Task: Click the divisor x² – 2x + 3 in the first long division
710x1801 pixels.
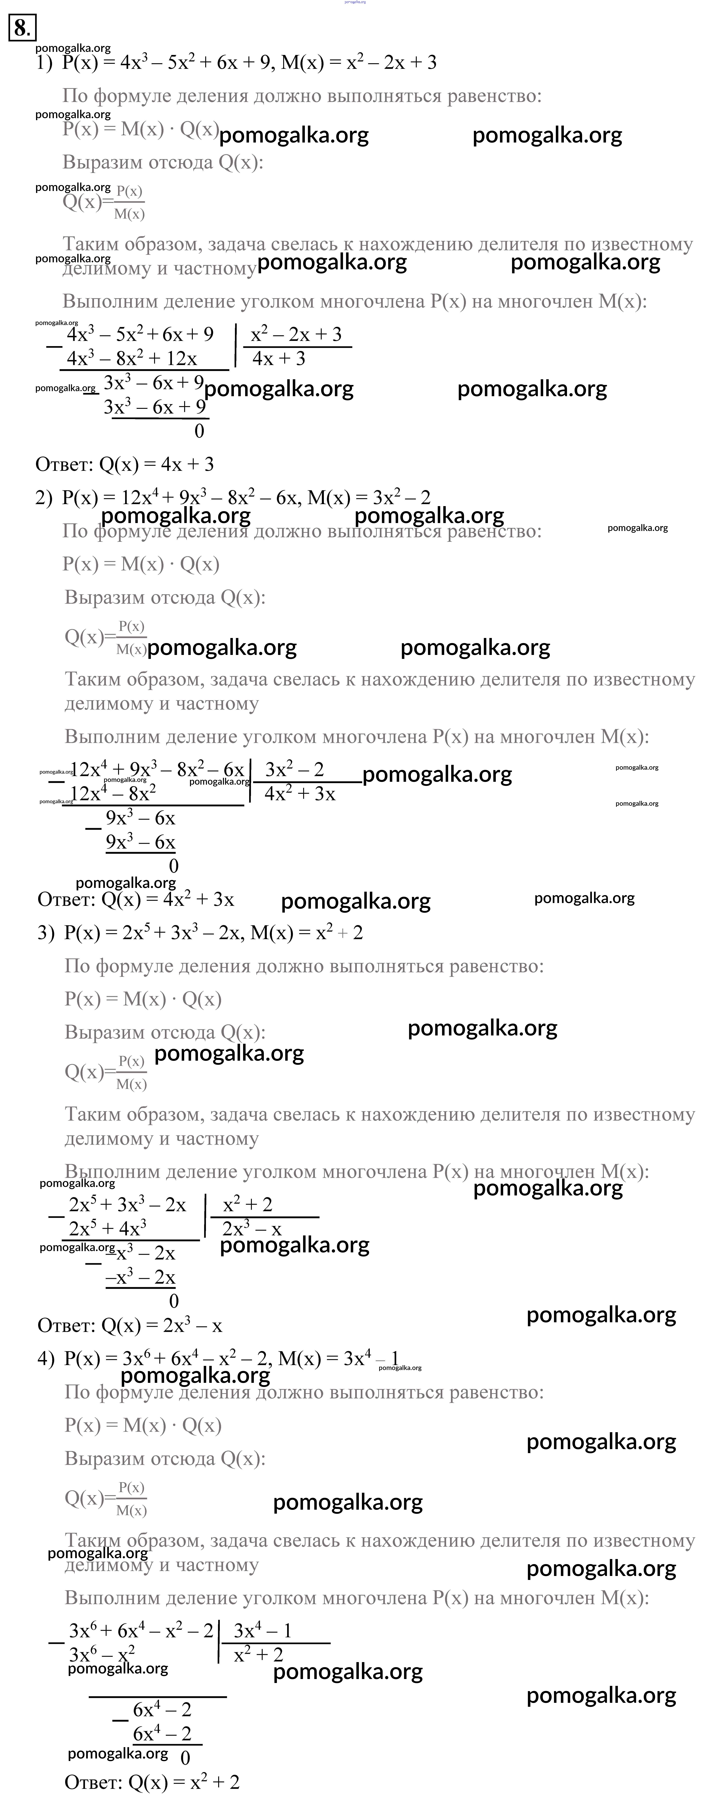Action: [x=296, y=335]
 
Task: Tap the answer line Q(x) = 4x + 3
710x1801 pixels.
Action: [x=124, y=464]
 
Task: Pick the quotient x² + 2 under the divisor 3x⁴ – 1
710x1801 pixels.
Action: [x=259, y=1655]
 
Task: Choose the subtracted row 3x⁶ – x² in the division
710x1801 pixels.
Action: [x=102, y=1655]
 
